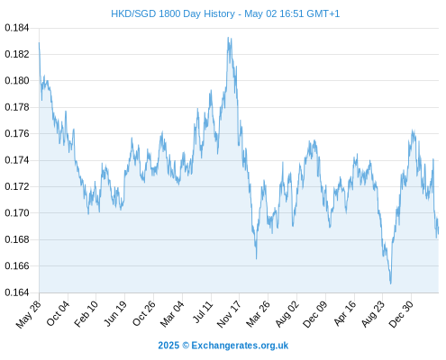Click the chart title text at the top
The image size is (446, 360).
click(x=225, y=13)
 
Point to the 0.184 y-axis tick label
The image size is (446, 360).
click(x=17, y=28)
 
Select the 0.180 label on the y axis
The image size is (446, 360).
click(x=17, y=81)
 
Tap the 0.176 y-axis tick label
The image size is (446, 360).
click(x=17, y=133)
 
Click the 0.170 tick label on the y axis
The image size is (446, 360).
click(x=17, y=213)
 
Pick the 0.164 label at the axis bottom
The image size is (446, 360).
click(x=17, y=292)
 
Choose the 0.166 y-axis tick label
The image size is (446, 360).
click(x=17, y=265)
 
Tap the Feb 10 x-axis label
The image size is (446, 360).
click(x=86, y=314)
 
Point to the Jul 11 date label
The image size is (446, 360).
click(x=203, y=312)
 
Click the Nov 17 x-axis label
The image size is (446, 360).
click(x=229, y=314)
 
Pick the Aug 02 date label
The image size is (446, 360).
click(x=287, y=314)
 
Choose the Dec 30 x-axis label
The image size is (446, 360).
click(x=401, y=314)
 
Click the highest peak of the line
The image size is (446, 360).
click(x=228, y=37)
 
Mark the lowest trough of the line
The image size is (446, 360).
click(x=391, y=283)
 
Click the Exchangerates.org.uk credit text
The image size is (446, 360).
click(x=240, y=346)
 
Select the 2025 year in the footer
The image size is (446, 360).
click(x=168, y=346)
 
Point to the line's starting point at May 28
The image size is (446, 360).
click(x=39, y=43)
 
